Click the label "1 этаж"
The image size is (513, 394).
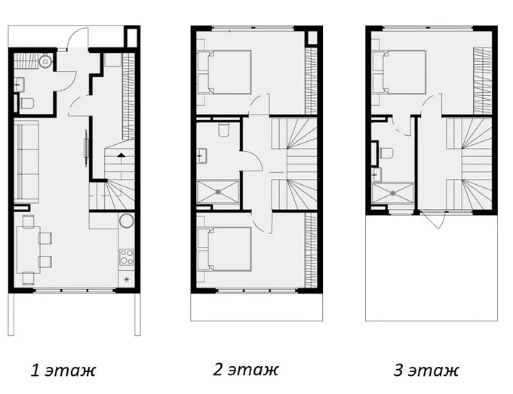pyautogui.click(x=63, y=371)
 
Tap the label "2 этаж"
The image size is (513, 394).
pyautogui.click(x=246, y=370)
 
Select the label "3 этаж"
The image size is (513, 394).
pyautogui.click(x=426, y=371)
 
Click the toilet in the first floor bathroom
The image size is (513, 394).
pyautogui.click(x=26, y=103)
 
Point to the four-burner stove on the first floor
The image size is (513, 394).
pyautogui.click(x=126, y=257)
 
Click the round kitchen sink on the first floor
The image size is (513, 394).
pyautogui.click(x=126, y=221)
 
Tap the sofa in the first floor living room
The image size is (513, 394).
pyautogui.click(x=26, y=162)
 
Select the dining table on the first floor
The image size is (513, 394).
pyautogui.click(x=28, y=250)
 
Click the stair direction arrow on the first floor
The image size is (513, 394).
pyautogui.click(x=121, y=155)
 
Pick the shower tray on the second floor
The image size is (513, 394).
pyautogui.click(x=218, y=192)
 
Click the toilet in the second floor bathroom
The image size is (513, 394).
pyautogui.click(x=224, y=129)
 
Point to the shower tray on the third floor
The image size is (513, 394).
pyautogui.click(x=393, y=193)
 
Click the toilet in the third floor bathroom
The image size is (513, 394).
pyautogui.click(x=386, y=153)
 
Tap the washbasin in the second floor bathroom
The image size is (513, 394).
pyautogui.click(x=202, y=155)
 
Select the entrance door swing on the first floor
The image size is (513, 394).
pyautogui.click(x=78, y=38)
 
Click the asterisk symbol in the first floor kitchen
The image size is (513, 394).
pyautogui.click(x=126, y=279)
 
